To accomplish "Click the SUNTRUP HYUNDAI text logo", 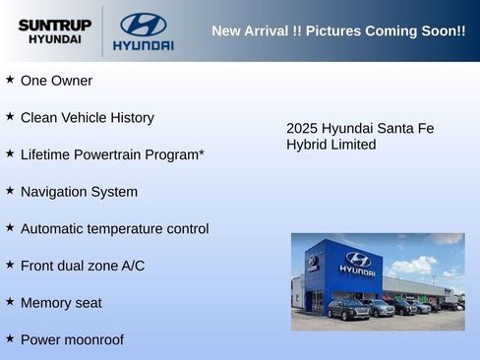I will (x=55, y=31).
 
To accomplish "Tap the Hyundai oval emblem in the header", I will (x=143, y=25).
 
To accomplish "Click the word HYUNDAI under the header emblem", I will (x=143, y=46).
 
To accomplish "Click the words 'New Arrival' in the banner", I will (x=251, y=31).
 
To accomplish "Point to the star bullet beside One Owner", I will (x=10, y=80).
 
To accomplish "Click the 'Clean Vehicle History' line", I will (x=87, y=118).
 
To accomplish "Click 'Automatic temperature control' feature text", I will (x=114, y=229).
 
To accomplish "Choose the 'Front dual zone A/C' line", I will (x=82, y=266).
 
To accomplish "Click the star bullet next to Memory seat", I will (x=10, y=302).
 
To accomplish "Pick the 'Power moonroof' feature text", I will (x=72, y=340).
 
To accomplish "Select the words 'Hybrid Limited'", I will (x=330, y=145).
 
